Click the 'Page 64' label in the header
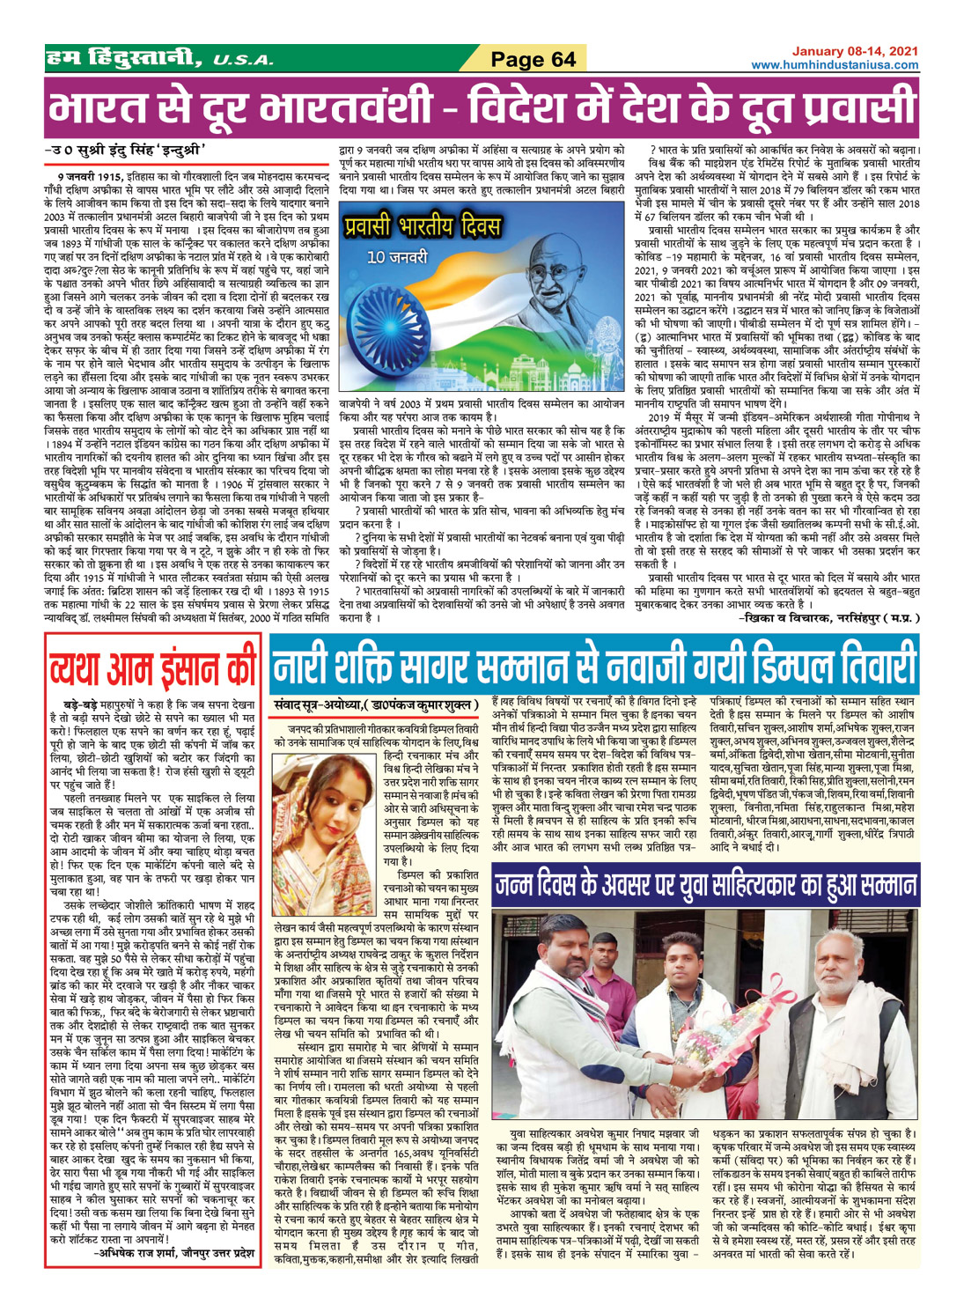click(533, 59)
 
